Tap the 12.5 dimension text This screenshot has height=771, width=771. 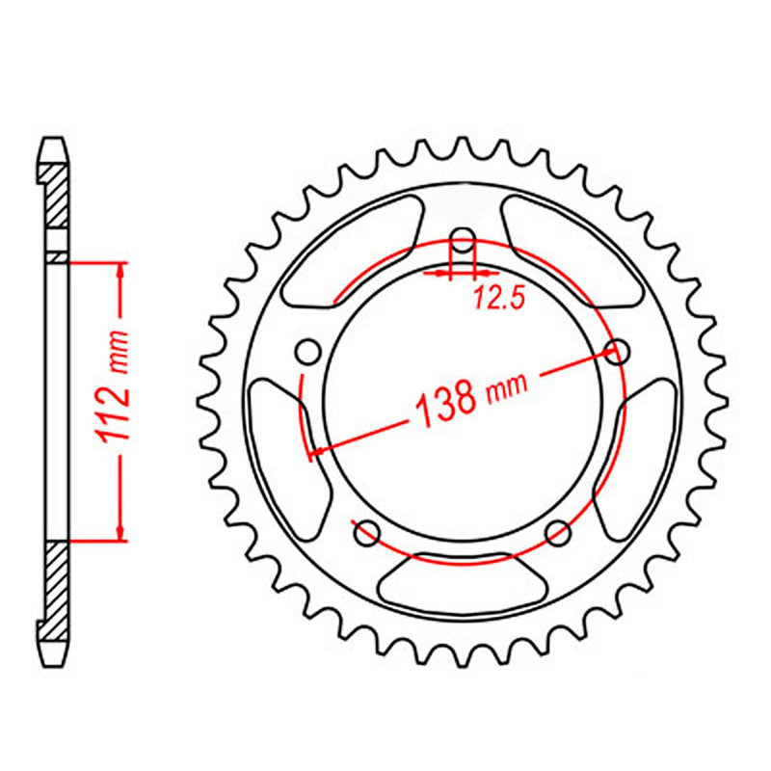point(498,299)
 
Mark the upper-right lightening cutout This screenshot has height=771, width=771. point(569,246)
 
